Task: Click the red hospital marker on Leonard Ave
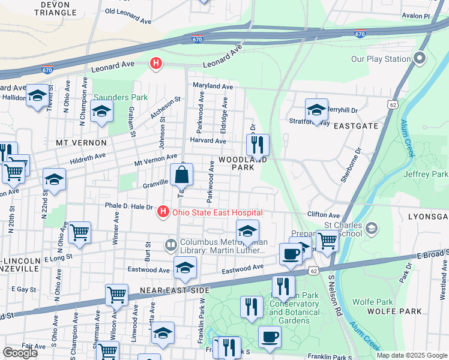click(156, 64)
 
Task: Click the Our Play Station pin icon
click(419, 59)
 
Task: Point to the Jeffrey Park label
click(426, 174)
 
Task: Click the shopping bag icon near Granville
click(181, 175)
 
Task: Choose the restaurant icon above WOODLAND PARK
click(258, 145)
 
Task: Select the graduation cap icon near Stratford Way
click(316, 110)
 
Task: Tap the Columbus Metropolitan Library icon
click(170, 245)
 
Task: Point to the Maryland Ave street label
click(212, 86)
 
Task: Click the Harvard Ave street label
click(208, 141)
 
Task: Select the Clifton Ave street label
click(324, 214)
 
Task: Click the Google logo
click(20, 353)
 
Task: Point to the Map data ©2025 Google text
click(412, 355)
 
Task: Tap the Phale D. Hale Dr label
click(128, 205)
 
